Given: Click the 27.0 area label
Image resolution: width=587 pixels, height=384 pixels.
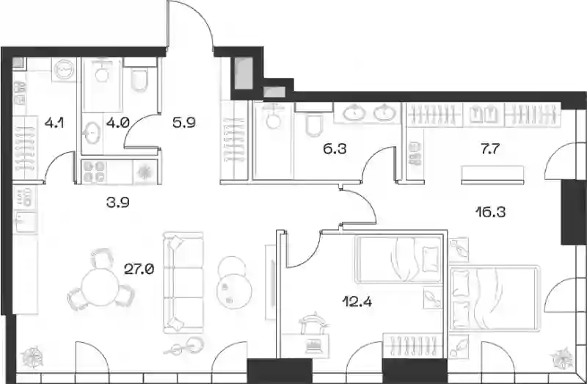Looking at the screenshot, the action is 139,269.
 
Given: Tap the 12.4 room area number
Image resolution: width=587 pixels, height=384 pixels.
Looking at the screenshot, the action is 357,301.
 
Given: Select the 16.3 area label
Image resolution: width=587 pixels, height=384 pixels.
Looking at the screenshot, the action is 490,212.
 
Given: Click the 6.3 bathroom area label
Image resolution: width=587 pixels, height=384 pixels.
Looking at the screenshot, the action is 335,149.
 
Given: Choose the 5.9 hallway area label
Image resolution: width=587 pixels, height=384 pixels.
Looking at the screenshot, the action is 184,122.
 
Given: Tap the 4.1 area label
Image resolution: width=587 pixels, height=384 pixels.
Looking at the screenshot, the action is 54,122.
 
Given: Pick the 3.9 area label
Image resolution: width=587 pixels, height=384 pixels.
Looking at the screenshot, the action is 117,203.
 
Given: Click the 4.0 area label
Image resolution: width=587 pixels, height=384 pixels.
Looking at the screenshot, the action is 117,122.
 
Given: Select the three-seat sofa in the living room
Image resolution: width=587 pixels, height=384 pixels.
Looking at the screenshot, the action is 183,283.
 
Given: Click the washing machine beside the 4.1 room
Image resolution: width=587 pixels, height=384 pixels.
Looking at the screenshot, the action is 65,70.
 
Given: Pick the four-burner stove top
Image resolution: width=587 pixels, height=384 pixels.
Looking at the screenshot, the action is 94,172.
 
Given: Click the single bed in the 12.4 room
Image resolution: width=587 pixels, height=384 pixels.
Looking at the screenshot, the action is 398,259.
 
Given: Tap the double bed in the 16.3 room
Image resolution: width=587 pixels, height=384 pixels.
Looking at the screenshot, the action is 495,298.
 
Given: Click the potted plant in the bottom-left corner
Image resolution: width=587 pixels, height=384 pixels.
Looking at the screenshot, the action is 32,357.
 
